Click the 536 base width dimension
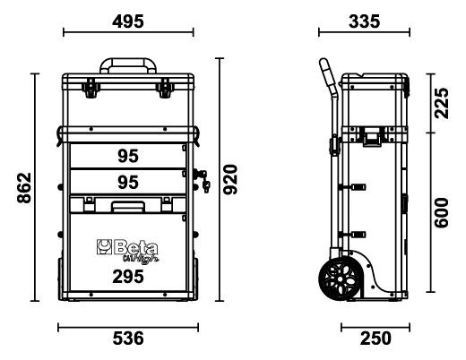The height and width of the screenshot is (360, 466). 128,338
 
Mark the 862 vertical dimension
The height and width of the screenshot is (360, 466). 24,187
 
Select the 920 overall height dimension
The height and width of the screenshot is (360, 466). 230,180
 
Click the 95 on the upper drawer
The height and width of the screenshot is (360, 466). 128,157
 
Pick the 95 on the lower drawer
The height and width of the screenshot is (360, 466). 128,182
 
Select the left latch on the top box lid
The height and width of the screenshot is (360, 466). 89,88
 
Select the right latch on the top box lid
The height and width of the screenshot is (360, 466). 166,88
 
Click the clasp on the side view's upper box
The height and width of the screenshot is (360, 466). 369,136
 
